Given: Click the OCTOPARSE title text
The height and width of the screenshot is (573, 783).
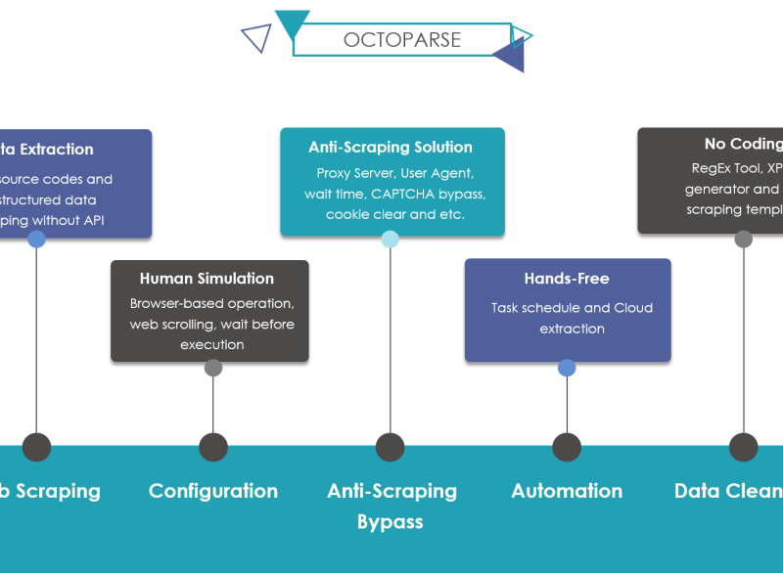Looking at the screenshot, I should click(x=401, y=40).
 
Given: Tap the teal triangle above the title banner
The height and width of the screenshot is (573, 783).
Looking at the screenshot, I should click(x=292, y=22).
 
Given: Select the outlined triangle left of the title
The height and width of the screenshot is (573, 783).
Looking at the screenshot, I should click(x=257, y=37).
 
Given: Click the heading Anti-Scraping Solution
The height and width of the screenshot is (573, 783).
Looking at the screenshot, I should click(x=391, y=148).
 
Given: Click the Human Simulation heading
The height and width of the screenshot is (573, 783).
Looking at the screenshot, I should click(x=207, y=279).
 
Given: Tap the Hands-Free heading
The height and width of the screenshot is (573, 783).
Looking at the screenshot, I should click(x=567, y=279).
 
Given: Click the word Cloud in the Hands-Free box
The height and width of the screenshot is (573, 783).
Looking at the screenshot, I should click(x=633, y=308).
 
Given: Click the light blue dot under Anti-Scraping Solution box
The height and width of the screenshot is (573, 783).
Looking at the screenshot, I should click(x=390, y=239).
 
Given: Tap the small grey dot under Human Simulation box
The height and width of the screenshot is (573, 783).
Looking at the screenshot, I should click(x=213, y=368).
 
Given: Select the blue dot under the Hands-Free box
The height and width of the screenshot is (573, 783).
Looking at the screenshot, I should click(x=567, y=368).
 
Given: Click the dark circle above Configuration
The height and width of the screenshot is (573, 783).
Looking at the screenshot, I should click(x=213, y=447).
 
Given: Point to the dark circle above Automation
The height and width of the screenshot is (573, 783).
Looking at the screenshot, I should click(x=567, y=447).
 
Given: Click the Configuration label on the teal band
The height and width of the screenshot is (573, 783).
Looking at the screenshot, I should click(x=213, y=491).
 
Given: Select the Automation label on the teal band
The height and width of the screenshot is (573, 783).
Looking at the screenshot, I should click(x=567, y=491).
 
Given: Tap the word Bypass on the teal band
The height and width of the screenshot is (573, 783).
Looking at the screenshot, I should click(x=390, y=521).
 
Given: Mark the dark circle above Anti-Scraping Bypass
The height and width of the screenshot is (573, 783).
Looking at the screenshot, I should click(x=390, y=447).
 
